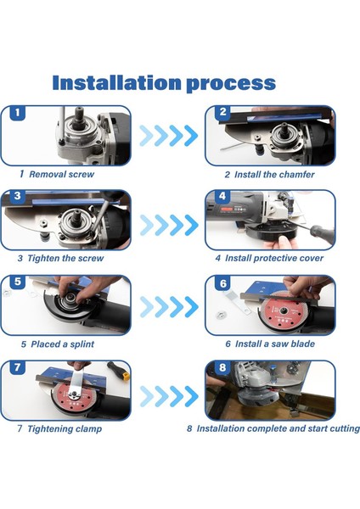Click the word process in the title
[231, 84]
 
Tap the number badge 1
[18, 113]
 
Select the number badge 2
[222, 112]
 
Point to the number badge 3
[18, 196]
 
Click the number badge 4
[222, 196]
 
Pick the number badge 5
[18, 282]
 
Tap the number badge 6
[223, 283]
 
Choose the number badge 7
[18, 367]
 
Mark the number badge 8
[222, 367]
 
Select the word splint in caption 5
[82, 344]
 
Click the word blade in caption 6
[303, 344]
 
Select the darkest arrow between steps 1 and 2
[191, 136]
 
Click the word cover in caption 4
[312, 259]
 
